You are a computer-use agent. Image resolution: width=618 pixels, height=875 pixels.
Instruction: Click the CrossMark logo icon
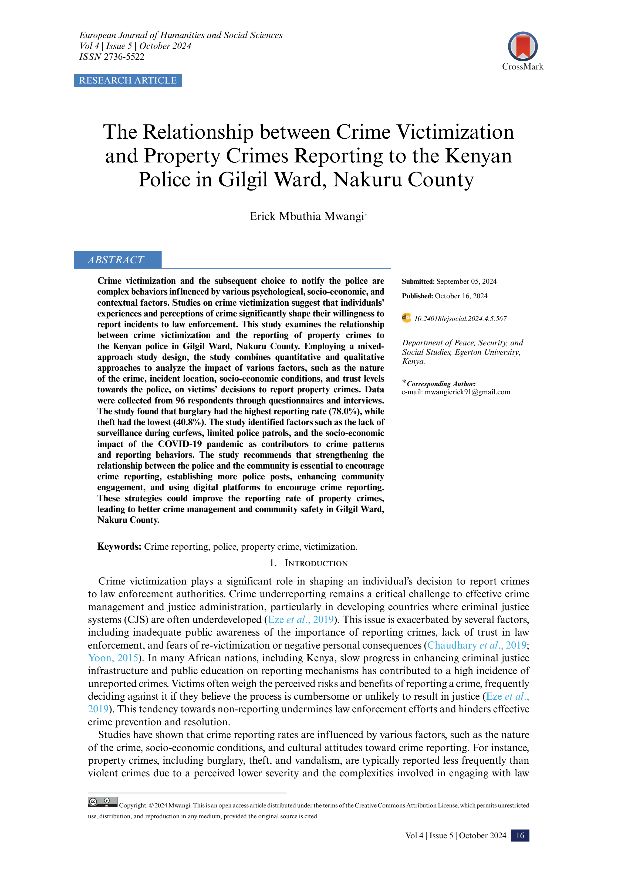(x=522, y=46)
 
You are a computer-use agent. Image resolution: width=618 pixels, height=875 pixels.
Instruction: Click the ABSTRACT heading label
(x=116, y=260)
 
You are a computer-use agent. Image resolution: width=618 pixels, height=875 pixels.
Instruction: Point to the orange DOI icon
(x=406, y=318)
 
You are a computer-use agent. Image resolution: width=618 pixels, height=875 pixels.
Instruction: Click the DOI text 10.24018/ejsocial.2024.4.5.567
(x=460, y=319)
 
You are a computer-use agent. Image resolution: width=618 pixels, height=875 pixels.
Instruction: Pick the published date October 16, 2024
(x=461, y=296)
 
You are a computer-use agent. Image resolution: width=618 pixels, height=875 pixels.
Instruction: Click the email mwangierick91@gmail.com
(x=467, y=392)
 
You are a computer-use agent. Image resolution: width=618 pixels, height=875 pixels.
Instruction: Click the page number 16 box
(x=520, y=835)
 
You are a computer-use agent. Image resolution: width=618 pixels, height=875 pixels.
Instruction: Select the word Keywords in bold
(x=119, y=546)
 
